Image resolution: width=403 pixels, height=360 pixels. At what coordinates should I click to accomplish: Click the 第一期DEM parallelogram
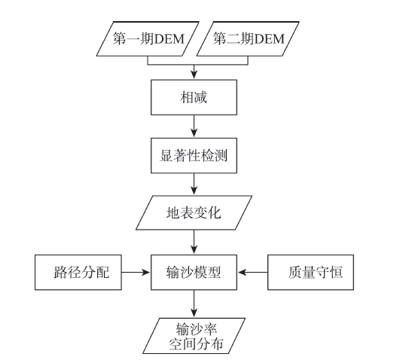(x=148, y=39)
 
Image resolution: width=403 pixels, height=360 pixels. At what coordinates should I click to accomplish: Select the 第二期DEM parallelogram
(x=248, y=39)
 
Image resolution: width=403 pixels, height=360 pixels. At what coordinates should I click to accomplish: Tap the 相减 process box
(x=194, y=97)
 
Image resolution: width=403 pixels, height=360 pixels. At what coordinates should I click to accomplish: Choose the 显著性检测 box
(x=194, y=156)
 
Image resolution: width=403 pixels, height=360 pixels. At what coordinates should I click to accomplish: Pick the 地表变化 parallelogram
(x=194, y=213)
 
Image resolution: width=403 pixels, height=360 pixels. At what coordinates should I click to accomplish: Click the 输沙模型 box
(x=194, y=273)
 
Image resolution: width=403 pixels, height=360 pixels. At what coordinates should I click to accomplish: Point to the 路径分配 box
(x=78, y=273)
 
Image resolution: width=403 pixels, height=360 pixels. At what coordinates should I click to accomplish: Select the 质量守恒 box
(x=311, y=273)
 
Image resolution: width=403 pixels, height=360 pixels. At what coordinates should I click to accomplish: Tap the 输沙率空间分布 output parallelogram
(x=194, y=336)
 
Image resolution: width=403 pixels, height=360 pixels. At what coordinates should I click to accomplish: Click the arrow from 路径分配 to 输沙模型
(x=136, y=272)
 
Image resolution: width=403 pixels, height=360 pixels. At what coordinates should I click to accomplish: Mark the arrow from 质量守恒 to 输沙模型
(x=252, y=272)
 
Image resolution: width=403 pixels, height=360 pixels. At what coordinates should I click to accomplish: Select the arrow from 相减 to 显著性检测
(x=194, y=127)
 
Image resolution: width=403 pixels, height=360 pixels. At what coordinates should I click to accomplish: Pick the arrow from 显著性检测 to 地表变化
(x=194, y=184)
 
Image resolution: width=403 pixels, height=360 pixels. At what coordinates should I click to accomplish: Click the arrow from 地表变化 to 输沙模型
(x=194, y=242)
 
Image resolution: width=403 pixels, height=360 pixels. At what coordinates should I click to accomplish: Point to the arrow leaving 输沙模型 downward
(x=194, y=304)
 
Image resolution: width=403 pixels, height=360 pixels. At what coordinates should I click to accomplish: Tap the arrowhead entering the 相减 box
(x=194, y=75)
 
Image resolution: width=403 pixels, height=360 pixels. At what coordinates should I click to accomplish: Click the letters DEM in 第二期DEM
(x=270, y=39)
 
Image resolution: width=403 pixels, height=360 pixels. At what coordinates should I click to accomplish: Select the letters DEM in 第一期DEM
(x=169, y=39)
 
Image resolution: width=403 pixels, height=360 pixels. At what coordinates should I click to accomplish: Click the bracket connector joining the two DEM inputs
(x=197, y=65)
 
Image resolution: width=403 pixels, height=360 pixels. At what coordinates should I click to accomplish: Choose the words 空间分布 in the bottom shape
(x=196, y=344)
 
